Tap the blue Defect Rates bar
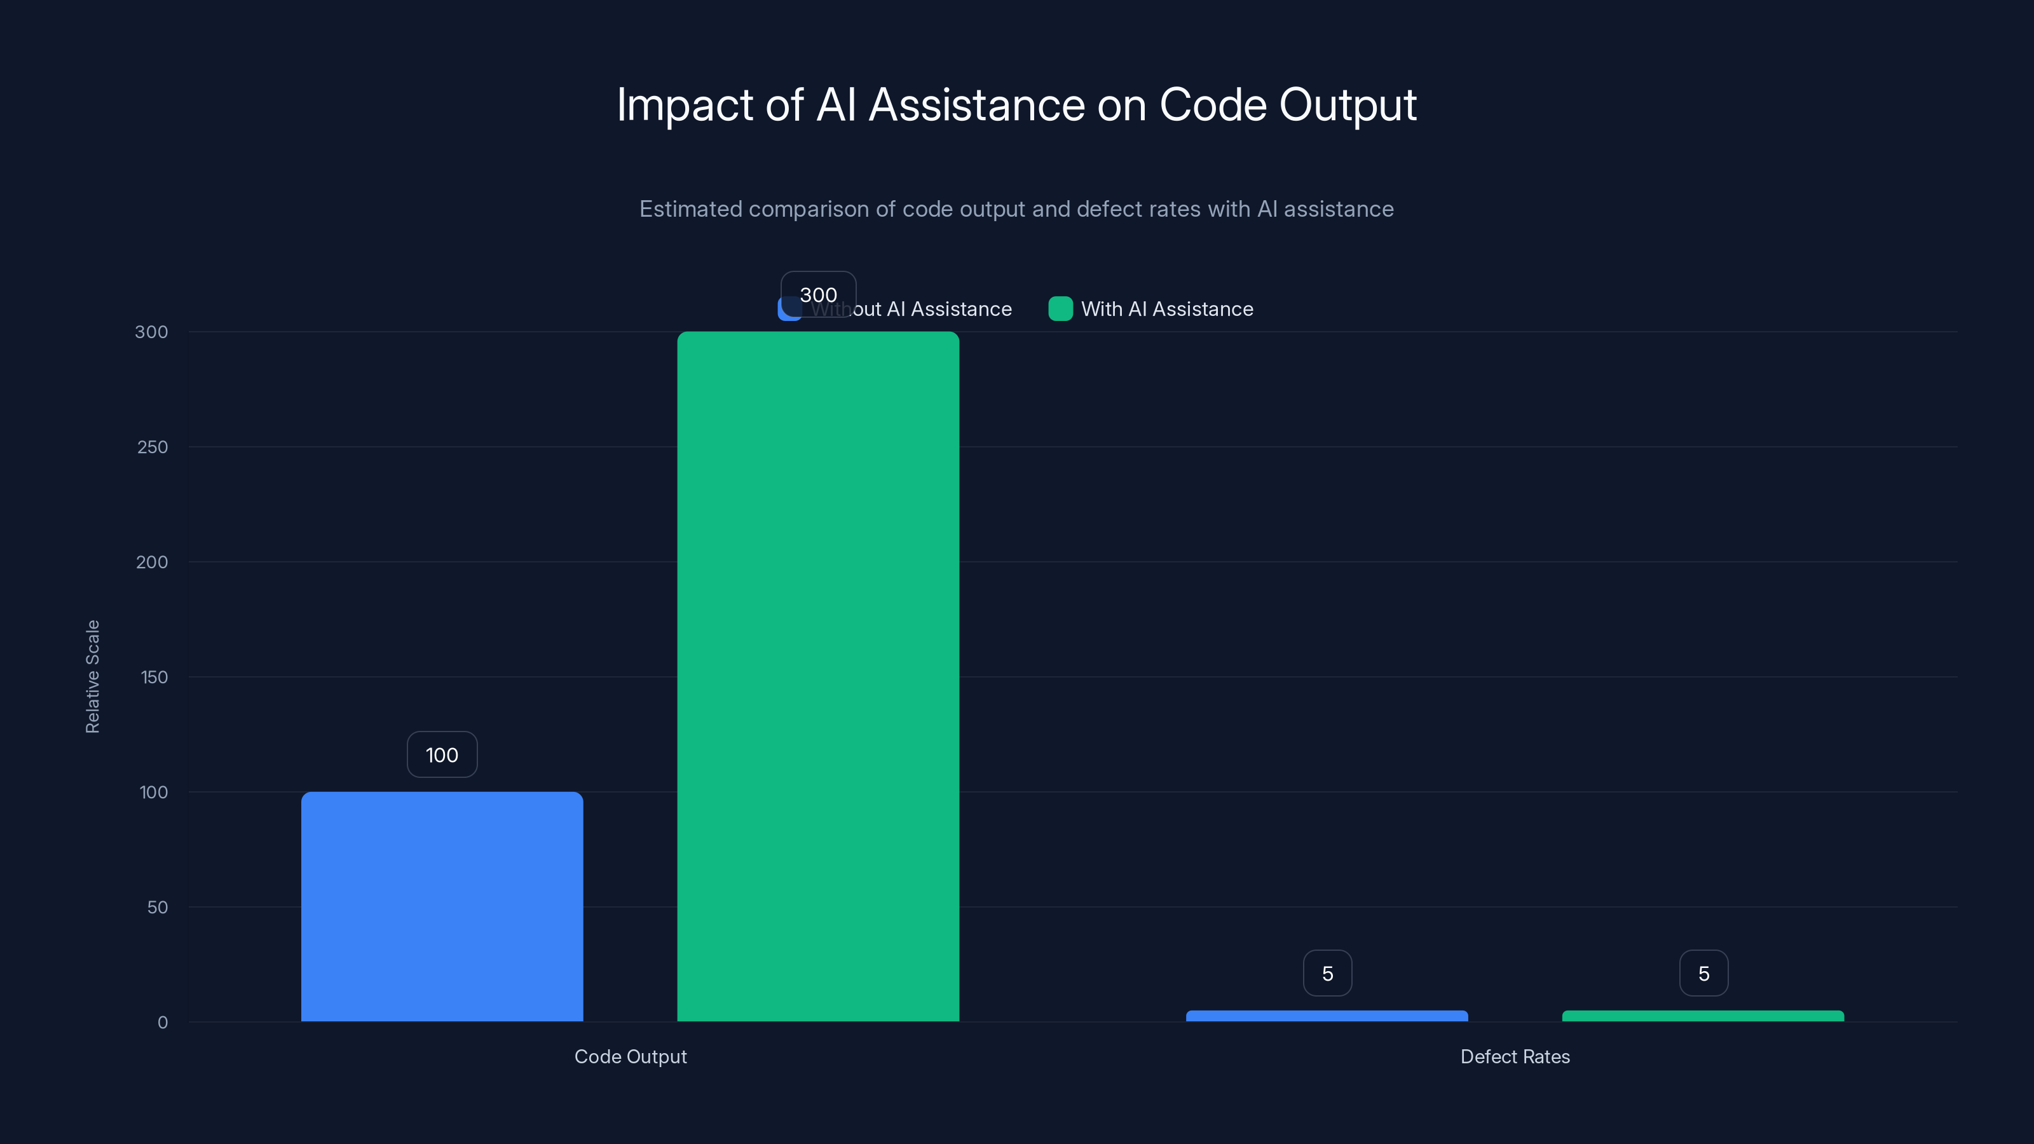[1327, 1016]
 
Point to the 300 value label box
[818, 294]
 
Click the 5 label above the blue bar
[1327, 974]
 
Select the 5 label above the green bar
[1703, 974]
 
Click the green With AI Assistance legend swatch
[1060, 309]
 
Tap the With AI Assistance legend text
[1166, 309]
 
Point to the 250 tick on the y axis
[153, 447]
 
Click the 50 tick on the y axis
[157, 907]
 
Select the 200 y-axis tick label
[152, 562]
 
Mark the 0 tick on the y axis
[163, 1023]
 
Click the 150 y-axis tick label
[154, 678]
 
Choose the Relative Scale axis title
[92, 677]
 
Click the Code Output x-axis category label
[630, 1056]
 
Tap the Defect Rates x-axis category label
[1515, 1056]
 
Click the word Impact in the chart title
[685, 105]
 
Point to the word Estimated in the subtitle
[690, 209]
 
